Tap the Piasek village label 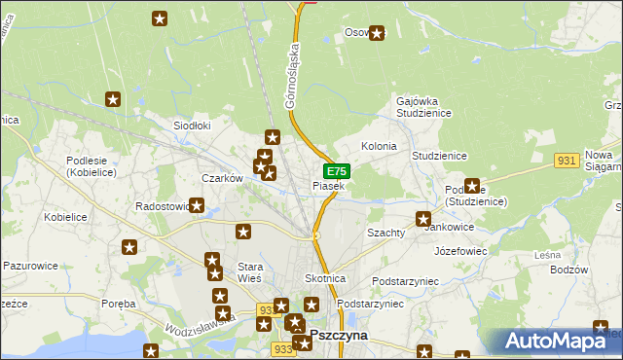[328, 186]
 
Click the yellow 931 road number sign [568, 160]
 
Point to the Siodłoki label [192, 126]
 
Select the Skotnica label [326, 278]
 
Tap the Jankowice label [449, 228]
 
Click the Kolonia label [379, 146]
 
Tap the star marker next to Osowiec [377, 33]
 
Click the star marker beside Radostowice [198, 206]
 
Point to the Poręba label [119, 304]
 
